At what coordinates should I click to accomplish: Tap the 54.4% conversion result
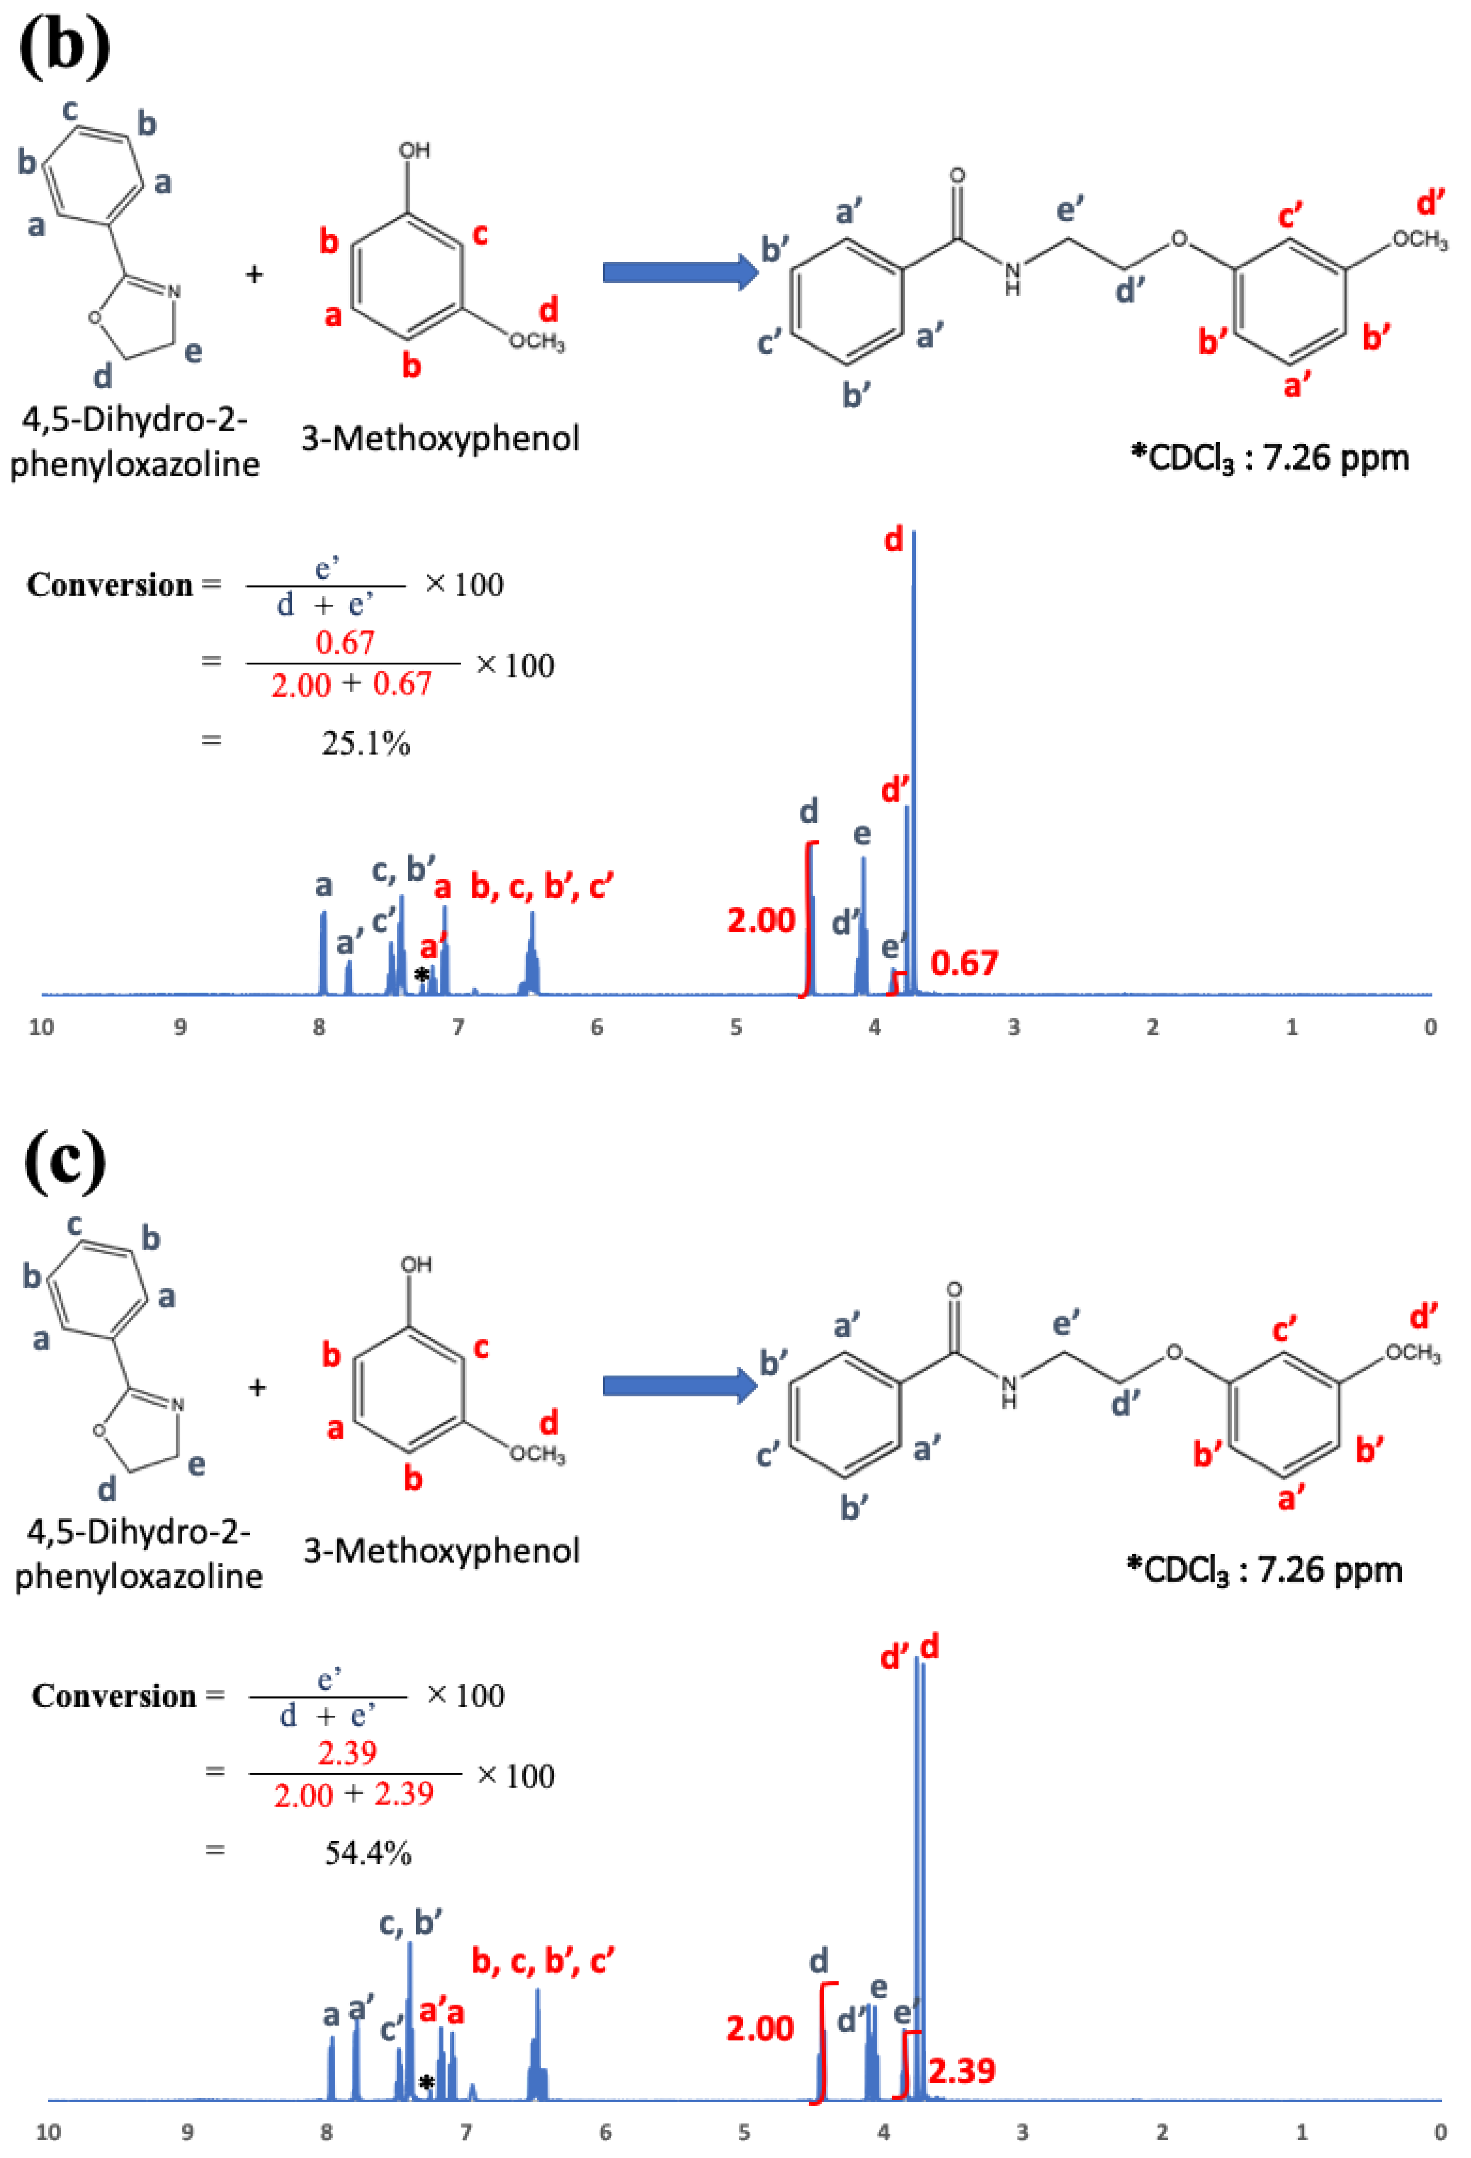coord(368,1853)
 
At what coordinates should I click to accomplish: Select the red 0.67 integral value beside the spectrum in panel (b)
coord(964,963)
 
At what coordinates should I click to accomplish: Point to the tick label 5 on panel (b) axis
coord(735,1027)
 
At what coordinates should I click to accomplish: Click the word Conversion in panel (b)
coord(110,585)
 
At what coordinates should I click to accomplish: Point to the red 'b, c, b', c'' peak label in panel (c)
coord(542,1961)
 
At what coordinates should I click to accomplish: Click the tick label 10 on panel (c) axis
coord(48,2132)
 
